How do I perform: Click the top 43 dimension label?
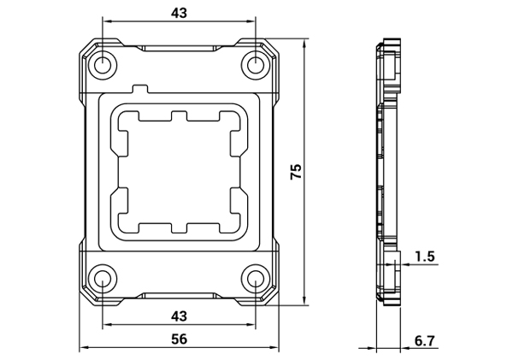click(x=179, y=13)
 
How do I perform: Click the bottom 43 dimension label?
click(x=179, y=316)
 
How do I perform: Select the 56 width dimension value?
click(x=180, y=339)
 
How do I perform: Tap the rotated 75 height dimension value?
click(x=296, y=171)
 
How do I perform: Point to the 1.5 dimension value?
click(x=425, y=257)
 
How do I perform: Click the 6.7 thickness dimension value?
click(x=425, y=341)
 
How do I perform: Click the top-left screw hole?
click(x=103, y=65)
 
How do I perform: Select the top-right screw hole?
click(x=255, y=65)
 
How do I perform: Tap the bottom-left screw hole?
click(x=103, y=279)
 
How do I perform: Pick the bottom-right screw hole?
click(x=255, y=279)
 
